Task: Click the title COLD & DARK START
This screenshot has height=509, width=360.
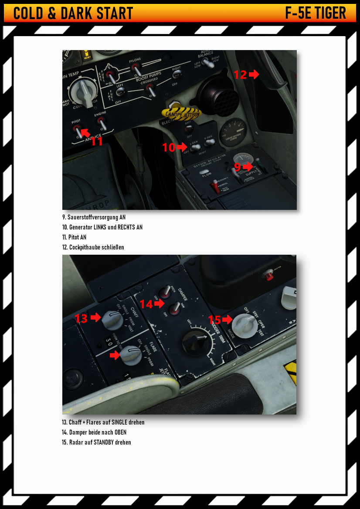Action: coord(73,13)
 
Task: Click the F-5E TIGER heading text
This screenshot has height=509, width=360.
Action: coord(316,13)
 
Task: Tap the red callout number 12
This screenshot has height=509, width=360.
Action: coord(240,74)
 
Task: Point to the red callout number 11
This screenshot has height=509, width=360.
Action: coord(97,141)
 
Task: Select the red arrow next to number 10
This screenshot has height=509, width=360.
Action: coord(182,148)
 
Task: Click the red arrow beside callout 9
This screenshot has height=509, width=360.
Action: coord(248,166)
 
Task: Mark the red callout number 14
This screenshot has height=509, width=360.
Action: coord(146,304)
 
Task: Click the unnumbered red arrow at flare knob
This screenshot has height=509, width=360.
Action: coord(115,356)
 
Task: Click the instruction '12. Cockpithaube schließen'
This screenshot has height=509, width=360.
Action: coord(93,247)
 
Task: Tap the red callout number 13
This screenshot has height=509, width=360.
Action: coord(81,318)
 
